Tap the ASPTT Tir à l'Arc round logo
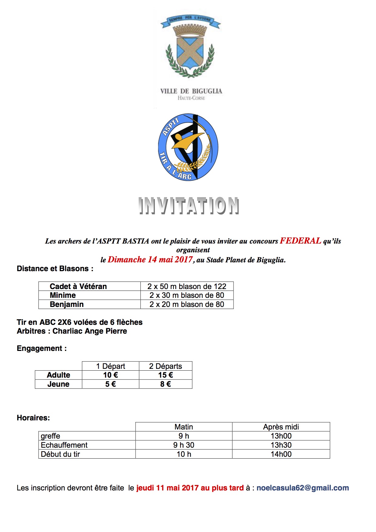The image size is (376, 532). click(x=188, y=147)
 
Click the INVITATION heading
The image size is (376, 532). click(x=189, y=206)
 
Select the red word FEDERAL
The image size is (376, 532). click(x=300, y=241)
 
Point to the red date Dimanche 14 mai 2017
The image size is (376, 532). click(x=150, y=260)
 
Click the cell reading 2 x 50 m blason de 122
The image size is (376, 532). click(x=187, y=286)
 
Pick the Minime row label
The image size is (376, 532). click(x=63, y=295)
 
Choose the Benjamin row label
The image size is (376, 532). click(x=67, y=305)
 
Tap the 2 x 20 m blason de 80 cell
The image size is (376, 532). click(x=187, y=305)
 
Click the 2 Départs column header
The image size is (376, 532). click(x=166, y=366)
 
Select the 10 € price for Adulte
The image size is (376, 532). click(x=110, y=375)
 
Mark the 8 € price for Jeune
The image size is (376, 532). click(x=166, y=384)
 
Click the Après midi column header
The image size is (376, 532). click(x=281, y=427)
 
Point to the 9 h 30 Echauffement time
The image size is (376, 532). click(x=184, y=445)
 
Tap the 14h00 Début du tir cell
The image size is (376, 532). click(x=281, y=454)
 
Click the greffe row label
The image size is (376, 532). click(x=51, y=436)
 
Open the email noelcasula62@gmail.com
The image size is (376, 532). click(x=303, y=488)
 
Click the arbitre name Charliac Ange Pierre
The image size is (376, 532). click(x=90, y=331)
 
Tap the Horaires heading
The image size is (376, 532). click(x=33, y=418)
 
